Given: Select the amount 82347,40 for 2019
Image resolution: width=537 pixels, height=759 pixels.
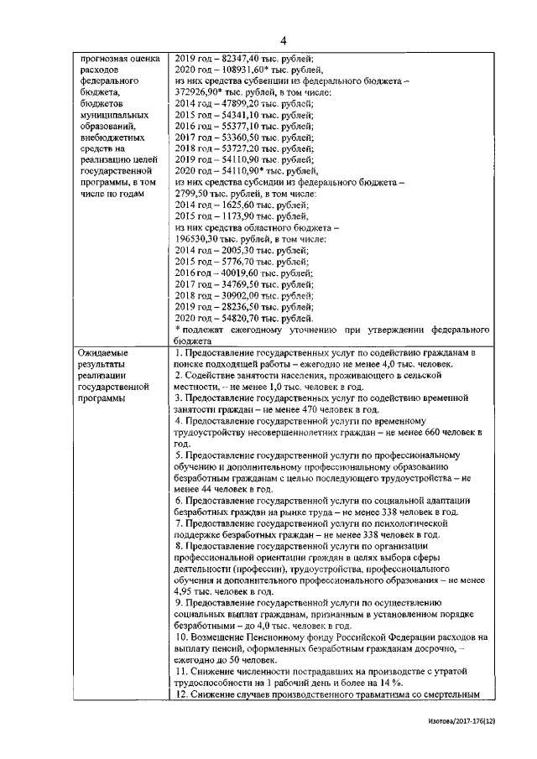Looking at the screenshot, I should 249,59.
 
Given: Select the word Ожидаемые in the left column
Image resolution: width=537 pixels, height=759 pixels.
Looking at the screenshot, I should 102,355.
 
